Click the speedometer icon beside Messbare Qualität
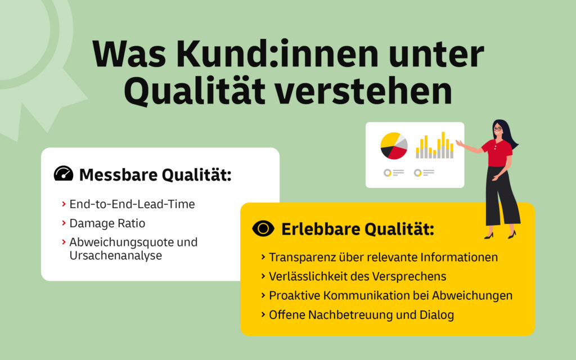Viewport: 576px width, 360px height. pos(64,174)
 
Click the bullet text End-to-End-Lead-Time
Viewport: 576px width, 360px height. pos(132,204)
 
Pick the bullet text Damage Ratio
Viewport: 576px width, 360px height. pos(107,223)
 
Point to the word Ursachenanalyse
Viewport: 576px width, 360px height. pos(115,255)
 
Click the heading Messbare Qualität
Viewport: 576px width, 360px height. pos(155,175)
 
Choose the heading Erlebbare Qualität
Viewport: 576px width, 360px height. pos(358,229)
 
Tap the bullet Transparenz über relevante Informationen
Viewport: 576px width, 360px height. pos(383,258)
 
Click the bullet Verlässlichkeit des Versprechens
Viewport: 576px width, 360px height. pos(358,277)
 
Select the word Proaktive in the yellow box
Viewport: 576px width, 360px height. pos(294,296)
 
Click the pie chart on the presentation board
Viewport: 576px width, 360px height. pos(394,146)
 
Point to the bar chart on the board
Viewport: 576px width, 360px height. pos(434,146)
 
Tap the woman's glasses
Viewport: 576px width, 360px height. pos(497,129)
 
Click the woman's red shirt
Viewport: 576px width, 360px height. pos(498,153)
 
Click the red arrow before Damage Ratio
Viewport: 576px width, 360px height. pos(64,223)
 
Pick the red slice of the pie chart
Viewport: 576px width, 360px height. pos(398,152)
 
